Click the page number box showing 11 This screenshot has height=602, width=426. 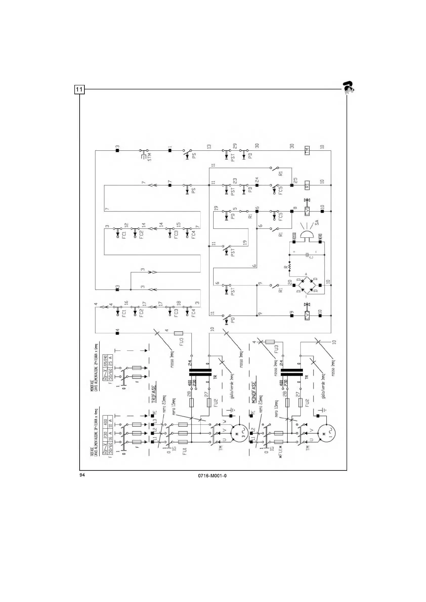coord(79,90)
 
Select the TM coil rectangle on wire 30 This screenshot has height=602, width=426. coord(307,150)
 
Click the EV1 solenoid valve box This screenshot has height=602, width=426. coord(307,211)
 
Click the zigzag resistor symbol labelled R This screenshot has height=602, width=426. coord(290,267)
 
